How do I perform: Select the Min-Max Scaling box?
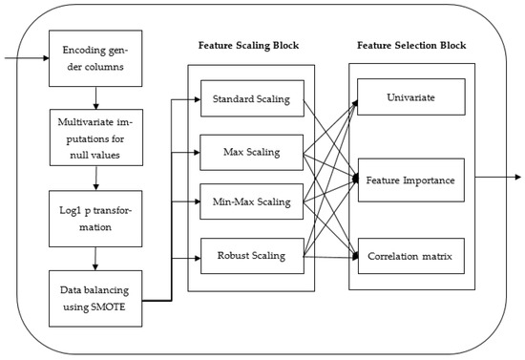251,202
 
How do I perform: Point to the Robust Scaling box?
251,256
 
